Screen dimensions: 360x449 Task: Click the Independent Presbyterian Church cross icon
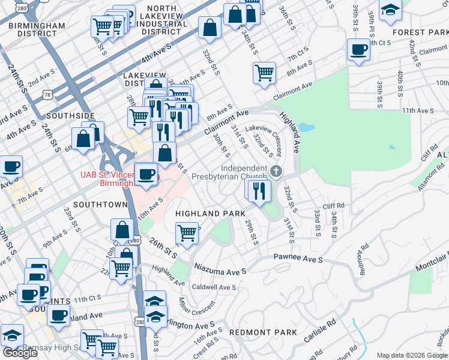click(276, 172)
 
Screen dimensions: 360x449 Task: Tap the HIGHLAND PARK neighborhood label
click(210, 214)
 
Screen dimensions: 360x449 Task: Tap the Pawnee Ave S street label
click(298, 259)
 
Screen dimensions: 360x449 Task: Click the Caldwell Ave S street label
click(214, 287)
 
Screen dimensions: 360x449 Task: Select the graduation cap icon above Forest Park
click(391, 10)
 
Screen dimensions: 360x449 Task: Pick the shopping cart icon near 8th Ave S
click(264, 73)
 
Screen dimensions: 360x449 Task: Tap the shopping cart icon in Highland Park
click(187, 232)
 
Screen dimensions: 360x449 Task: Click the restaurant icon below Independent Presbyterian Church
click(259, 191)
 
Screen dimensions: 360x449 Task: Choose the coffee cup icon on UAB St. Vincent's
click(145, 175)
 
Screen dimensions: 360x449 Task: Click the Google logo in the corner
click(20, 353)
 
